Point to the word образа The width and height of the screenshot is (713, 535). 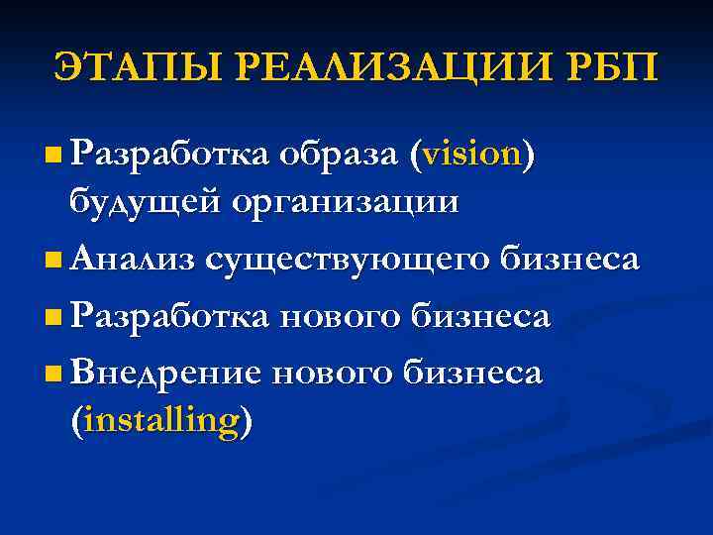click(x=338, y=155)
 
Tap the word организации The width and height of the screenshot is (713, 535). click(x=346, y=201)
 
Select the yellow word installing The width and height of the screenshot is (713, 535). click(x=161, y=420)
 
